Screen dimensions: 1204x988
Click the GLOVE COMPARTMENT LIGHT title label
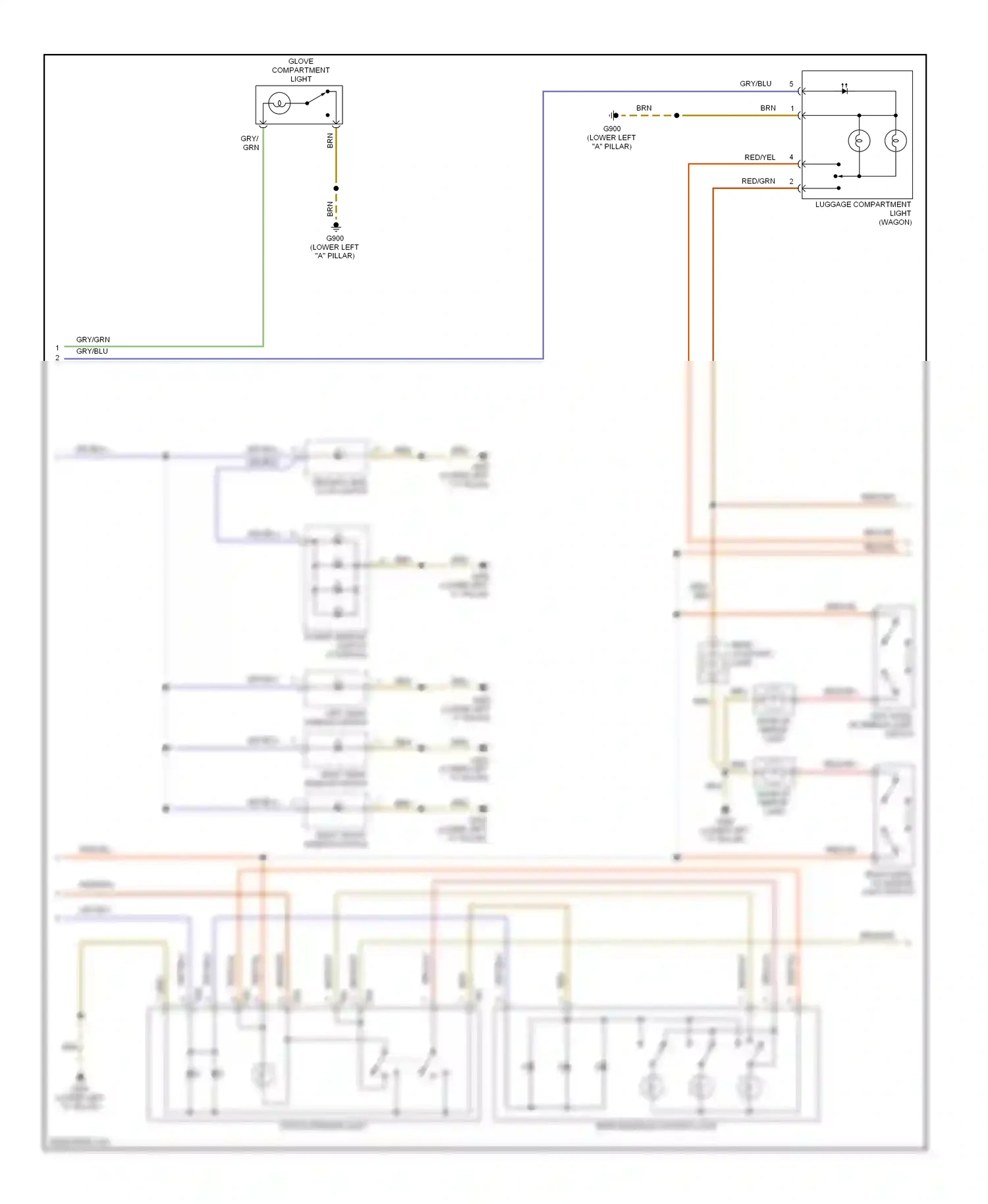pyautogui.click(x=300, y=70)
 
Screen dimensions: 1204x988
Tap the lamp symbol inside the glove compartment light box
pyautogui.click(x=279, y=103)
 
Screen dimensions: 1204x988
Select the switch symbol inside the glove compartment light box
pyautogui.click(x=317, y=99)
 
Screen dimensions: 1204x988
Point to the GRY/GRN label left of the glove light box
pyautogui.click(x=250, y=143)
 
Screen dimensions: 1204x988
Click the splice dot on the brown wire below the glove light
pyautogui.click(x=336, y=188)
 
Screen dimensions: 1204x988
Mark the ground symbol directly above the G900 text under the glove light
pyautogui.click(x=336, y=226)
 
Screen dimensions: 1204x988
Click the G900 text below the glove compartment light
pyautogui.click(x=335, y=238)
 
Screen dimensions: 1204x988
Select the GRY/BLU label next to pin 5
pyautogui.click(x=755, y=84)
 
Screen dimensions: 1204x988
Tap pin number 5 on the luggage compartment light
pyautogui.click(x=791, y=84)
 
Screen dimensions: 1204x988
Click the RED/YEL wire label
pyautogui.click(x=759, y=157)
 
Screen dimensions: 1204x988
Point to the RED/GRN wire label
pyautogui.click(x=758, y=181)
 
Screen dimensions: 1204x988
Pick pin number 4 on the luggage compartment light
pyautogui.click(x=791, y=157)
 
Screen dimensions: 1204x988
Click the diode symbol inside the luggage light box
pyautogui.click(x=844, y=90)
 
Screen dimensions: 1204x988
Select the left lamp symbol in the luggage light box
pyautogui.click(x=859, y=140)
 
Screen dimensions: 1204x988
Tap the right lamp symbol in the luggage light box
pyautogui.click(x=895, y=140)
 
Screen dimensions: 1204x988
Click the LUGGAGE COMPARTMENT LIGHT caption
pyautogui.click(x=863, y=213)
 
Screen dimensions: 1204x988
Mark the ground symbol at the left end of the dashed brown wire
pyautogui.click(x=614, y=115)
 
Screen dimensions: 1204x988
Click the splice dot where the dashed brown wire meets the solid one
pyautogui.click(x=676, y=115)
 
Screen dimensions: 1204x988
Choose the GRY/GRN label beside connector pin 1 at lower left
pyautogui.click(x=93, y=340)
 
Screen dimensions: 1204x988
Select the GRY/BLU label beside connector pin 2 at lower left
pyautogui.click(x=92, y=351)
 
